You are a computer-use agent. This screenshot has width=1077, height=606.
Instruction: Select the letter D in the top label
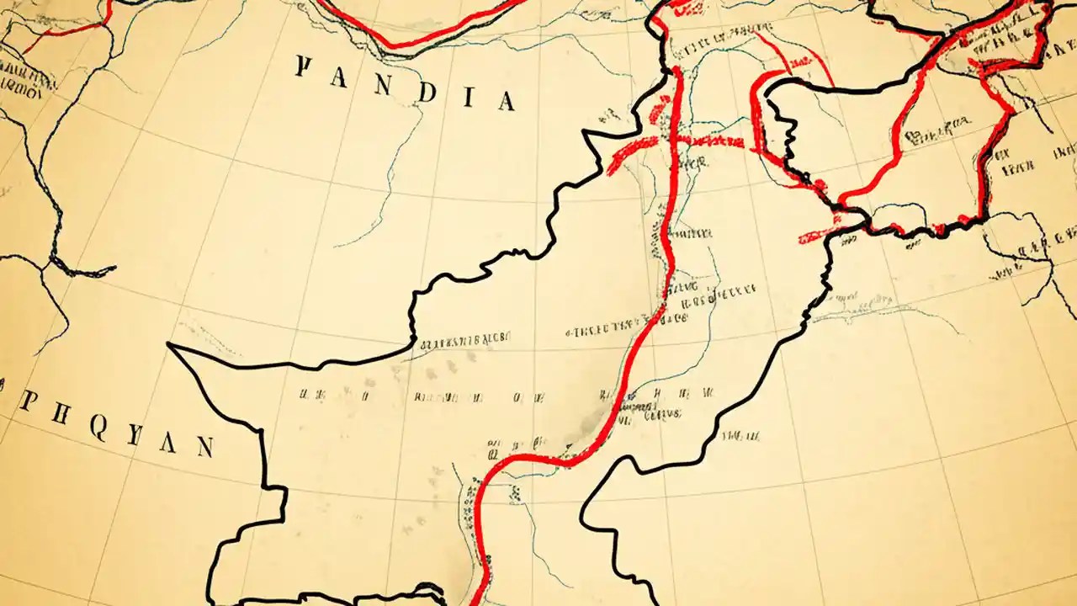click(426, 92)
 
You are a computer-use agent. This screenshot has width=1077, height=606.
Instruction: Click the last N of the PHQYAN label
click(204, 447)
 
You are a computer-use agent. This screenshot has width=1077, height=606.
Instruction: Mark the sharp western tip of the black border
click(169, 344)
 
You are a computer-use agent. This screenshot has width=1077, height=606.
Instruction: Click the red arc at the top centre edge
click(421, 38)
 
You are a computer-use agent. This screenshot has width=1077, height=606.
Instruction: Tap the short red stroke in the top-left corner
click(67, 32)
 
